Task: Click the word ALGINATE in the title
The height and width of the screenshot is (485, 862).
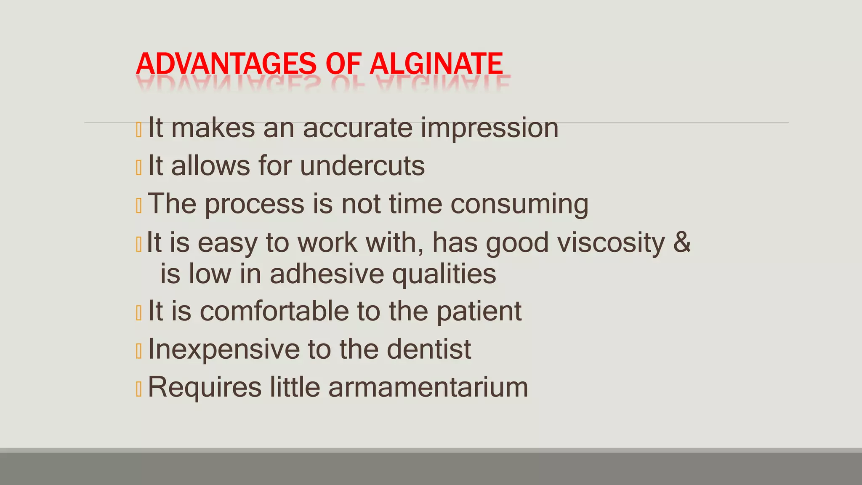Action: tap(436, 64)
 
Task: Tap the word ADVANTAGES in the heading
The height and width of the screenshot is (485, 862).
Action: tap(226, 64)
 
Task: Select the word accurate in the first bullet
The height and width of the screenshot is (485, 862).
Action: tap(357, 128)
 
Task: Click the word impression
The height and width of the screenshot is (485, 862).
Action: tap(490, 128)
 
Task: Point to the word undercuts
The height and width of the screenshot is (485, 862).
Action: tap(362, 166)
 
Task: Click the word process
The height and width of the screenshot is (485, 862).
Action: tap(255, 204)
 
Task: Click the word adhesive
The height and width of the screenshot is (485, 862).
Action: tap(327, 274)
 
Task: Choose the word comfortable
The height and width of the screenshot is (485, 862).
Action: tap(274, 312)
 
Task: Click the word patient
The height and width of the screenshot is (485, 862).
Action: tap(479, 312)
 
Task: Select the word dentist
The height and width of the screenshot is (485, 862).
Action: tap(429, 349)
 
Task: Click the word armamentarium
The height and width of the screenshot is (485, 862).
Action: tap(428, 387)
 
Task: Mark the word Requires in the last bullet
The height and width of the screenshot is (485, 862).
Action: tap(205, 387)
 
